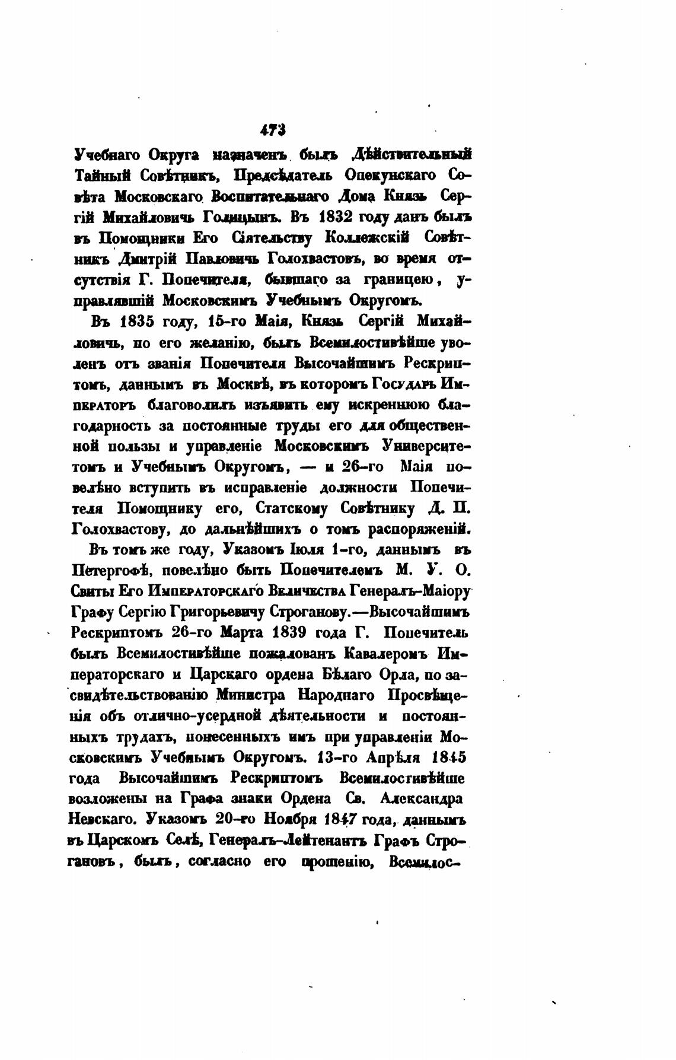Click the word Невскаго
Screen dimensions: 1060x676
coord(104,820)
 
